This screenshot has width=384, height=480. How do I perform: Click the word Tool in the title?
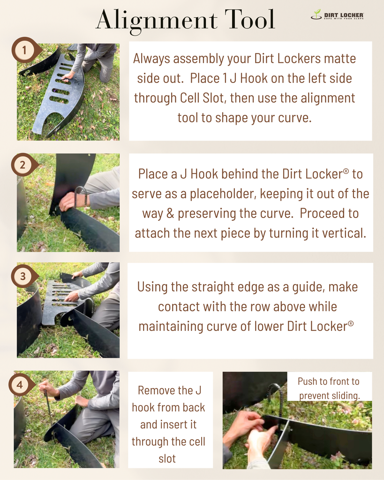(250, 19)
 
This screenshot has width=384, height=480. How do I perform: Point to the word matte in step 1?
(340, 58)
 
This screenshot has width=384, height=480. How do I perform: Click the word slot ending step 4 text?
(167, 458)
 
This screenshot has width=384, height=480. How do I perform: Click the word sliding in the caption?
(345, 396)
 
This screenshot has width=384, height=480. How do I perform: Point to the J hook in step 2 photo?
(80, 196)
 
